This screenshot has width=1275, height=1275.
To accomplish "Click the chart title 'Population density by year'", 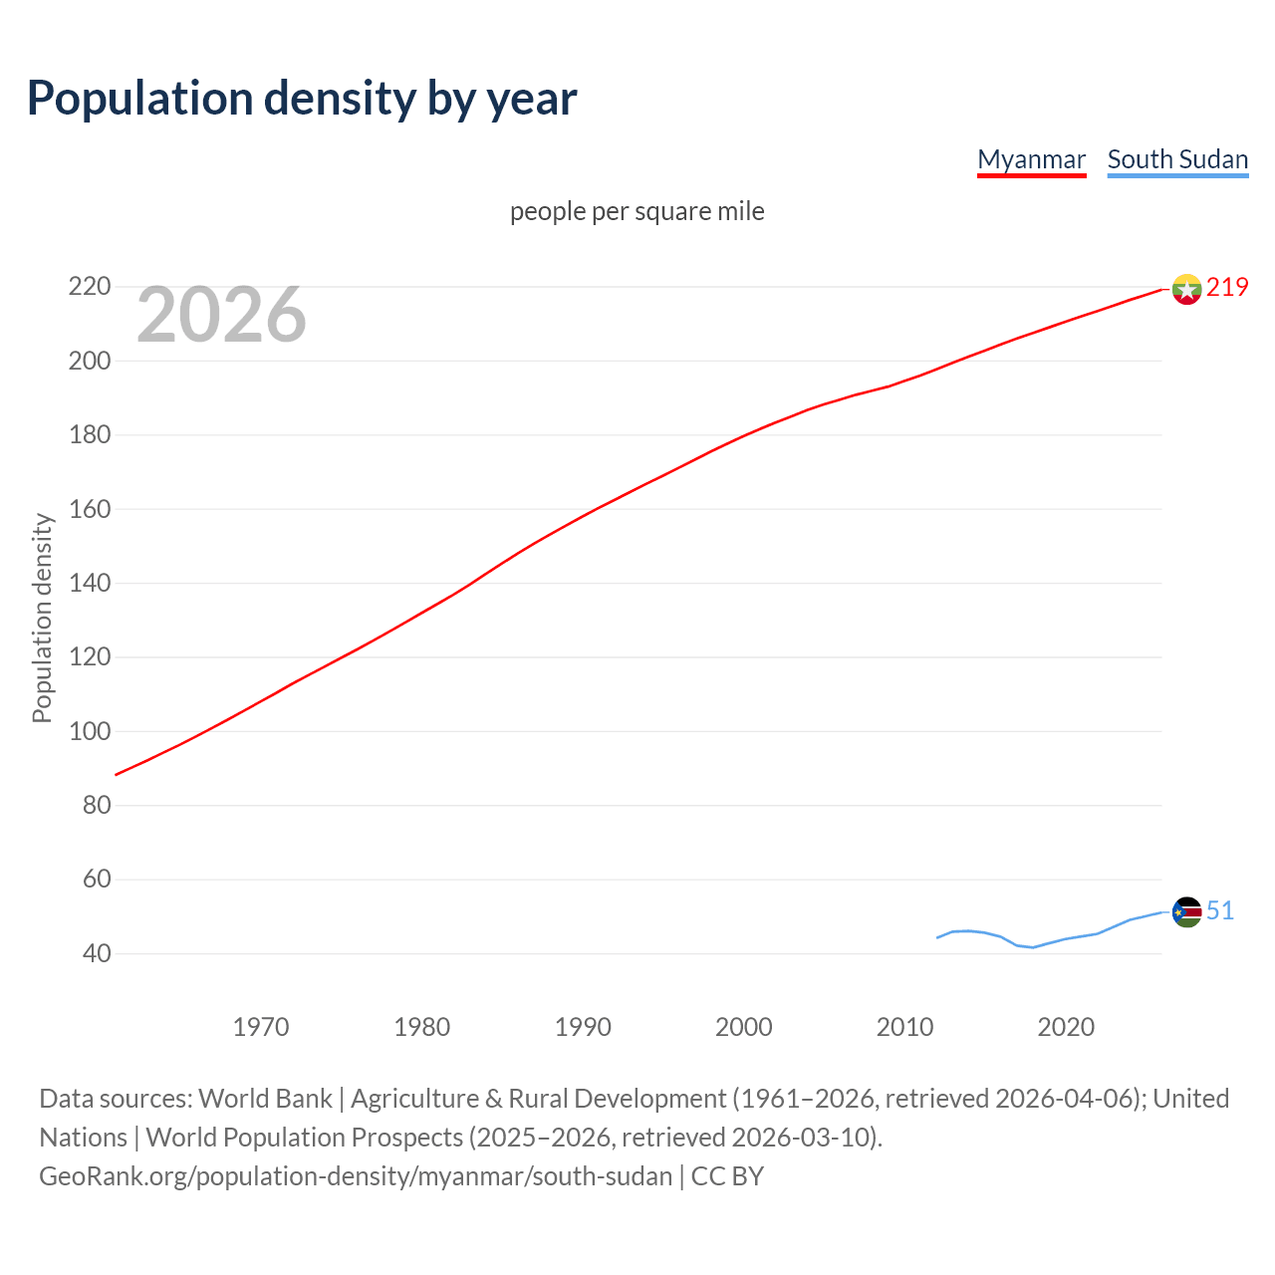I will click(302, 98).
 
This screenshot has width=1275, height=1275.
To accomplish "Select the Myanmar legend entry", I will click(1031, 159).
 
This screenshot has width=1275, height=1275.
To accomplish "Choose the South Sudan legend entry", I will click(1177, 159).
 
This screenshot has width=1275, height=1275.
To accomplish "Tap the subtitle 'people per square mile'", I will click(637, 211).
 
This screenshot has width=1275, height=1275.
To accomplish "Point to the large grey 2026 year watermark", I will click(221, 315).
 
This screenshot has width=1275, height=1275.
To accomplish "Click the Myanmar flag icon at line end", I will click(1186, 289).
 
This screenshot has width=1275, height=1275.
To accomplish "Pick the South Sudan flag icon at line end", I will click(1186, 911).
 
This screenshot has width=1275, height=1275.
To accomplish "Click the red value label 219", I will click(1227, 287).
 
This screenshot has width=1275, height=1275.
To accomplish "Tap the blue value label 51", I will click(1220, 910).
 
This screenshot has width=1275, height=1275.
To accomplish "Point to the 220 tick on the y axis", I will click(89, 287).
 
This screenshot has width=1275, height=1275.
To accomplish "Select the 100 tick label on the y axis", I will click(89, 731).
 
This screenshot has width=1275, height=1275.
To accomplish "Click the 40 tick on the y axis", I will click(97, 953).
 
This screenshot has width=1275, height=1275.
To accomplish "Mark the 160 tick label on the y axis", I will click(89, 509).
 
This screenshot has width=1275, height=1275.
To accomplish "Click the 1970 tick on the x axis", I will click(261, 1027).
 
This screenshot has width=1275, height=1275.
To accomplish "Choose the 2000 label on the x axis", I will click(744, 1027).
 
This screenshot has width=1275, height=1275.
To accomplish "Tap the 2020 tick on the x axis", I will click(1066, 1027).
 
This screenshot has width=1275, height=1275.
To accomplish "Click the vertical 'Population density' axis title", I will click(42, 618).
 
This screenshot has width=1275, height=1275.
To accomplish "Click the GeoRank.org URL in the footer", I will click(356, 1176).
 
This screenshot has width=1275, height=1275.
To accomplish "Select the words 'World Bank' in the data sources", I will click(265, 1099).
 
